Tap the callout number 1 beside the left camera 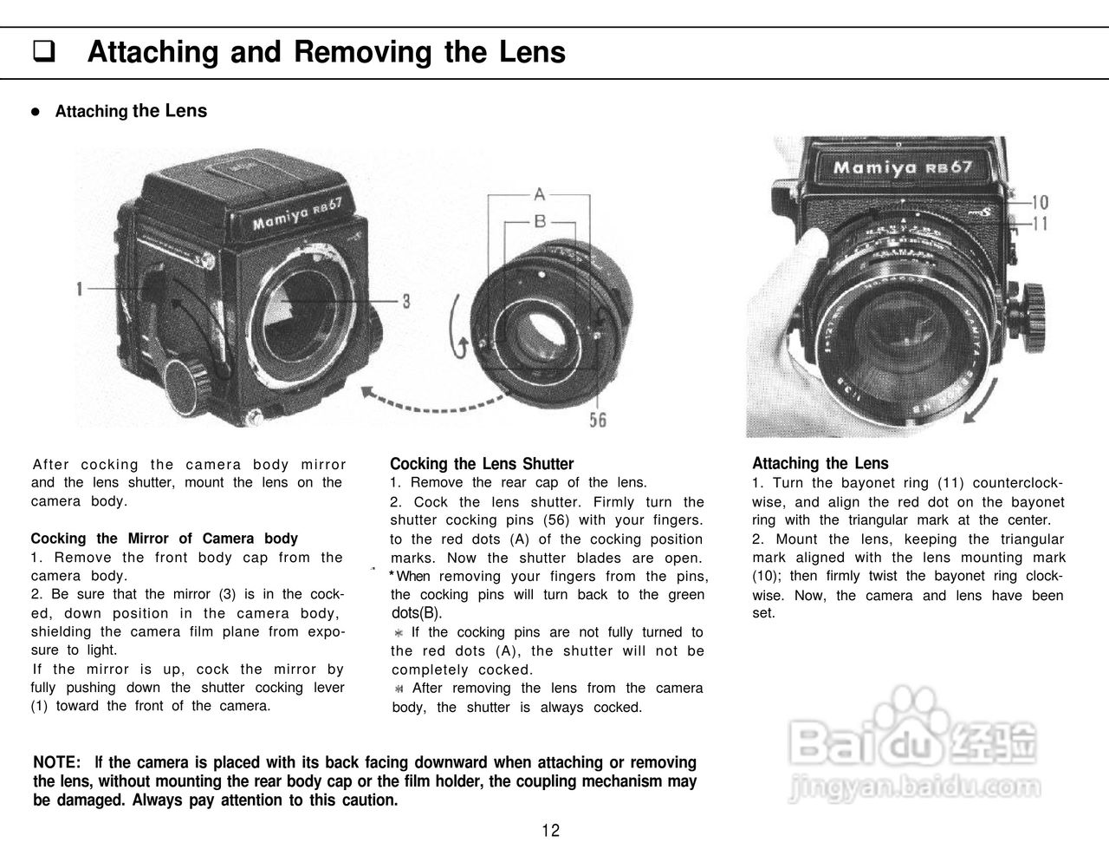[x=79, y=289]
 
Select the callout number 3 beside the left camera [x=405, y=301]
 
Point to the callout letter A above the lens [x=539, y=193]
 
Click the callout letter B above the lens [x=539, y=222]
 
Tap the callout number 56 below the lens [x=598, y=420]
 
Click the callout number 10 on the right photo [x=1040, y=203]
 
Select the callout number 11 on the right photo [x=1040, y=224]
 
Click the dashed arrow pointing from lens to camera [x=433, y=402]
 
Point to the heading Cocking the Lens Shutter [x=482, y=464]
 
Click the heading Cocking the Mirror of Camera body [x=165, y=539]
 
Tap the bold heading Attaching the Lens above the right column [x=820, y=463]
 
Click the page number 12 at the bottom [x=550, y=831]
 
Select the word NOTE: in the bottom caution [x=57, y=762]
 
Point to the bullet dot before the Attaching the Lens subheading [x=36, y=112]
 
